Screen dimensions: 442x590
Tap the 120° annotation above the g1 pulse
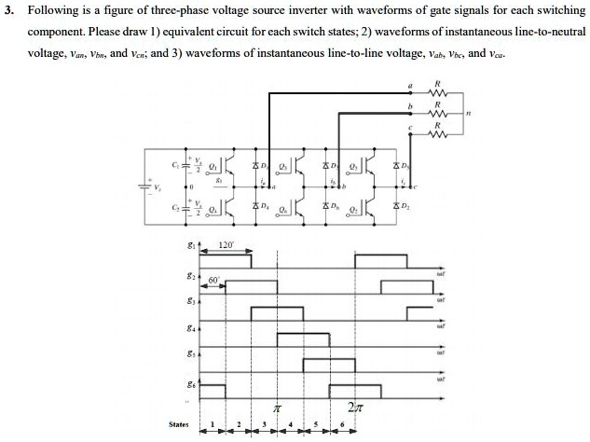point(225,244)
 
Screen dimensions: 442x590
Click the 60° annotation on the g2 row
point(213,279)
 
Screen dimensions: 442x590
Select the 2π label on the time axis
point(354,407)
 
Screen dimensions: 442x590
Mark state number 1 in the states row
point(213,424)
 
